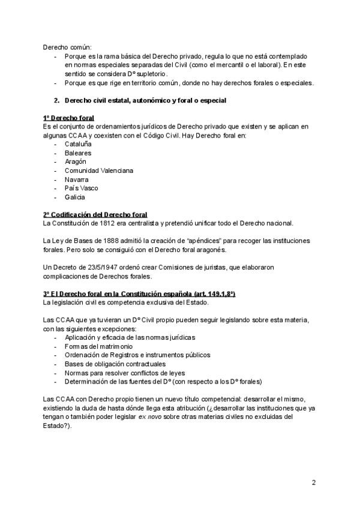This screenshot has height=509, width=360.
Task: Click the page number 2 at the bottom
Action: pos(314,482)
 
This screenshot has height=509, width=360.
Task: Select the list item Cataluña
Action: pos(79,144)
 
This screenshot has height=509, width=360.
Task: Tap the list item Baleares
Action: pos(79,153)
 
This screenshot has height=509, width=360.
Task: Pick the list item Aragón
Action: pos(76,161)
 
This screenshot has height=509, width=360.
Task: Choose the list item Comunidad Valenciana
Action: pos(99,170)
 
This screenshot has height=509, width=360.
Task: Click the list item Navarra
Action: pos(77,179)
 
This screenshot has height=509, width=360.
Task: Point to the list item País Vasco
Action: pos(82,188)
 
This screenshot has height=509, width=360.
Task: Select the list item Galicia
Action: pos(75,197)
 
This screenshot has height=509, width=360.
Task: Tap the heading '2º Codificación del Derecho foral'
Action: pos(95,214)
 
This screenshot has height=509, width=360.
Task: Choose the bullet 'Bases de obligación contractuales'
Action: pos(115,364)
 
